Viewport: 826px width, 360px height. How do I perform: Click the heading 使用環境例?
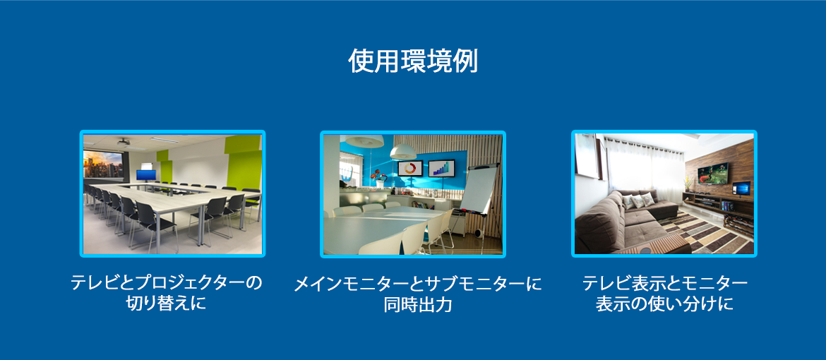413,61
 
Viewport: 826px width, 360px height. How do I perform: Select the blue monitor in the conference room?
146,175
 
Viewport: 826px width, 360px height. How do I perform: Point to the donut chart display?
410,167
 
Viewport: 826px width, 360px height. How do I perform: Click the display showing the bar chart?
441,167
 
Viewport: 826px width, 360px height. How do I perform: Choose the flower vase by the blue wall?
378,179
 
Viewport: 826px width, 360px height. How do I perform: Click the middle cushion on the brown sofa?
638,200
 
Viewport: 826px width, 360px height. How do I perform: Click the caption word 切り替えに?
167,304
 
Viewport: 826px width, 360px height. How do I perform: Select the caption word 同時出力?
418,305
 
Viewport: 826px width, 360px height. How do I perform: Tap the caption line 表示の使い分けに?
664,305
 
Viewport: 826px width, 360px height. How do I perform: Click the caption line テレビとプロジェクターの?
167,283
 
